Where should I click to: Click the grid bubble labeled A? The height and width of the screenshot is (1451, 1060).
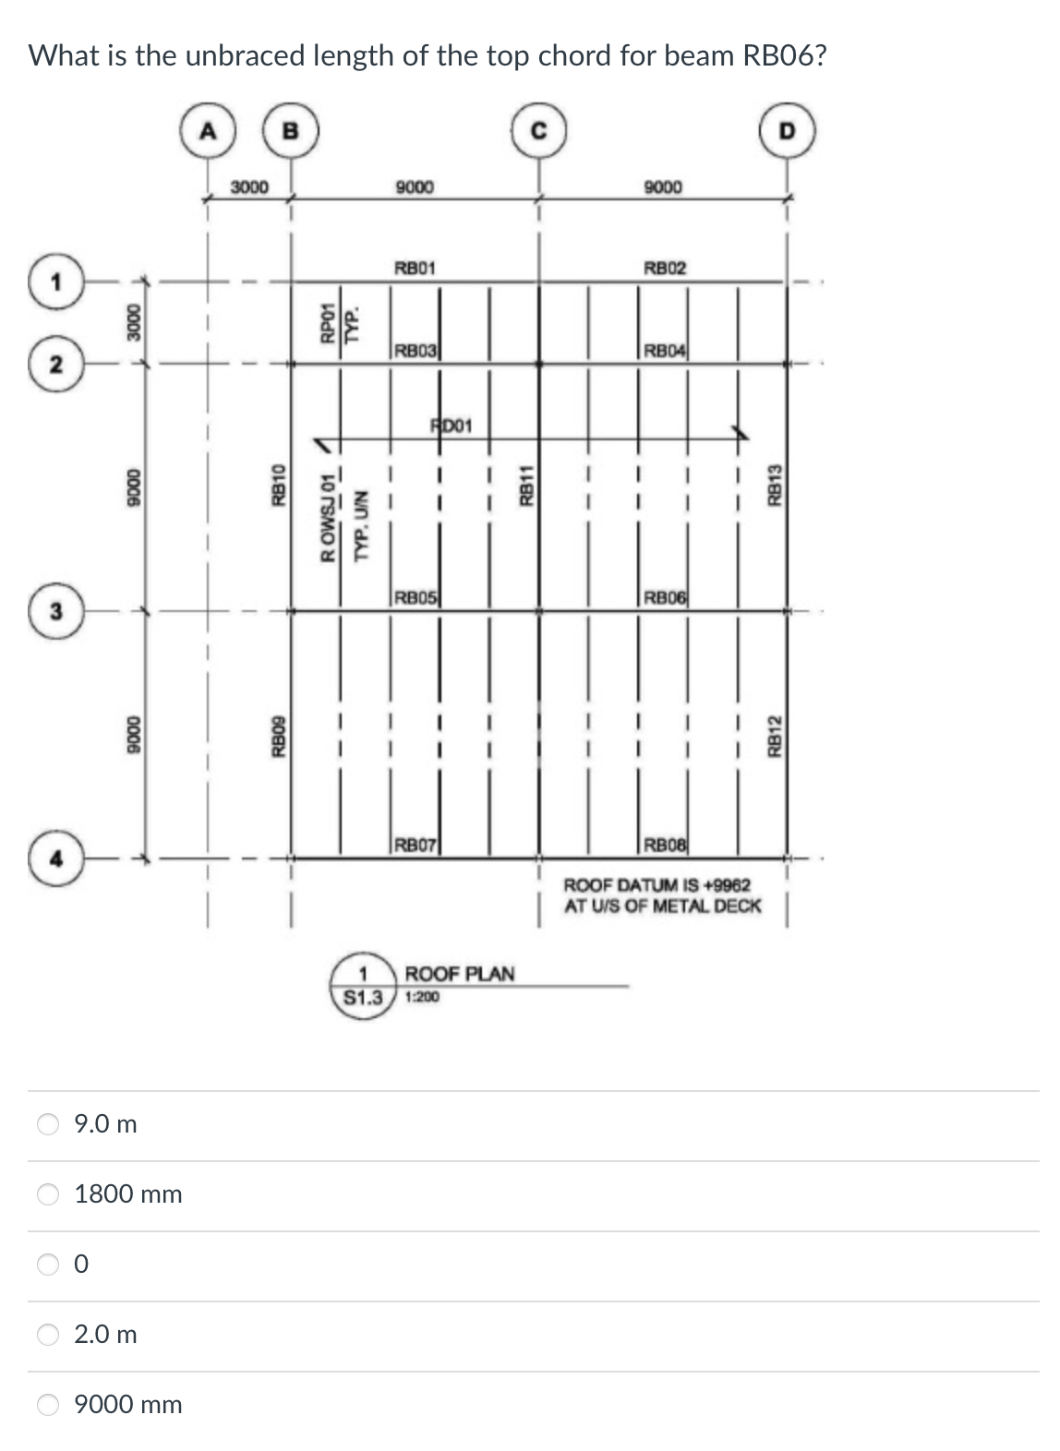209,132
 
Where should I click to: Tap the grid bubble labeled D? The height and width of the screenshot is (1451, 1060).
786,132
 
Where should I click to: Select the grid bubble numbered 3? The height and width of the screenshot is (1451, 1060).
56,611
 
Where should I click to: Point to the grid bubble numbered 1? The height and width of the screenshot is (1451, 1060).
56,282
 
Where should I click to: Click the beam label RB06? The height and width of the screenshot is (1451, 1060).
665,597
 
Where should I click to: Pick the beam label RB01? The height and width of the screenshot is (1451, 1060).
415,269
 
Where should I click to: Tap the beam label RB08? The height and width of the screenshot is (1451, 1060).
665,845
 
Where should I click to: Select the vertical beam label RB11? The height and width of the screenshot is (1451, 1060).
526,486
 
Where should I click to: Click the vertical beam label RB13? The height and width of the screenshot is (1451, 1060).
776,484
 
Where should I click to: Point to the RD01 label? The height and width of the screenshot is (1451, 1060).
452,426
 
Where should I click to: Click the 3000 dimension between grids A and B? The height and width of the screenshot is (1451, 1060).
249,187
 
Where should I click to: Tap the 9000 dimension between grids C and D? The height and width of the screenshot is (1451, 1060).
663,187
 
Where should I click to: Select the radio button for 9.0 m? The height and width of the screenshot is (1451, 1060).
48,1123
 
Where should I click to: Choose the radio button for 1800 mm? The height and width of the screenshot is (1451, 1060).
48,1193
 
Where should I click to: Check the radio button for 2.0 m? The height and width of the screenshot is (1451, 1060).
48,1334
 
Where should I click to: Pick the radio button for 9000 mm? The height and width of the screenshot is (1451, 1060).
48,1404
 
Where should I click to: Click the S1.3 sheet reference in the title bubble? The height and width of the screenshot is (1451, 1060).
363,998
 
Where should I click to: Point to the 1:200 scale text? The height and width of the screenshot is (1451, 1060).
422,997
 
